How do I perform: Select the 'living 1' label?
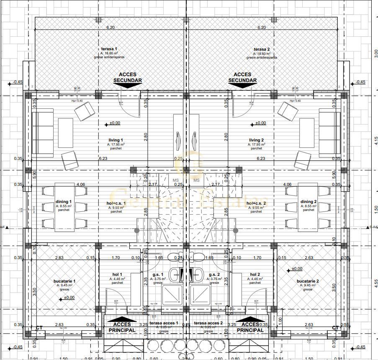tap(116, 140)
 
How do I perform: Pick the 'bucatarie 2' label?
tap(308, 281)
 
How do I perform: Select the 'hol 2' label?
tap(255, 274)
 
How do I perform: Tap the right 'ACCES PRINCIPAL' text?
tap(250, 327)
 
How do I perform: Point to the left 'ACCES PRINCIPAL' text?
tap(122, 327)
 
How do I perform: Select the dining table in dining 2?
tap(309, 208)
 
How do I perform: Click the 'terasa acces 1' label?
tap(164, 323)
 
